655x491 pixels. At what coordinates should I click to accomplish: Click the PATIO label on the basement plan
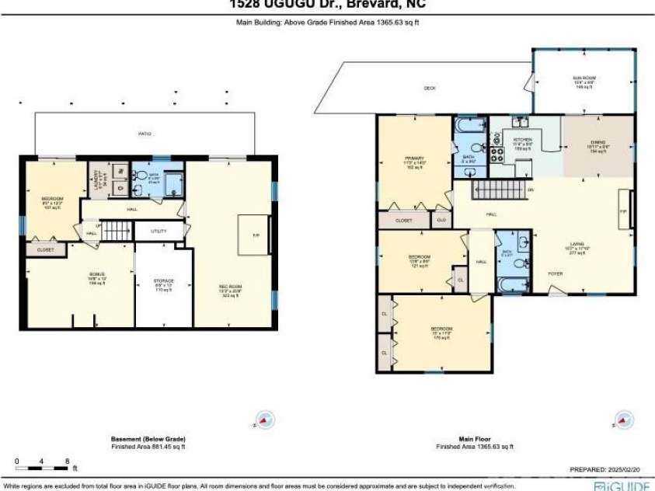(x=145, y=134)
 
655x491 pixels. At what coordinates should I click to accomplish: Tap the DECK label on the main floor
(x=430, y=88)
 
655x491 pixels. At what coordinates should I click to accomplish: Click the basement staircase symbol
(x=114, y=232)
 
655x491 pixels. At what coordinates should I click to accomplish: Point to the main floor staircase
(x=497, y=189)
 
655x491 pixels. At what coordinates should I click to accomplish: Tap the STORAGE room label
(x=162, y=282)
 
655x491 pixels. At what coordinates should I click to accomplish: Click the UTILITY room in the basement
(x=159, y=232)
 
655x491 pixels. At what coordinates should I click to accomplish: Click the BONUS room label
(x=95, y=277)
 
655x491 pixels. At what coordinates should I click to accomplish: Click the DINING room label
(x=598, y=144)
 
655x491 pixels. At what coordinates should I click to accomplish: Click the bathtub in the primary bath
(x=469, y=125)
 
